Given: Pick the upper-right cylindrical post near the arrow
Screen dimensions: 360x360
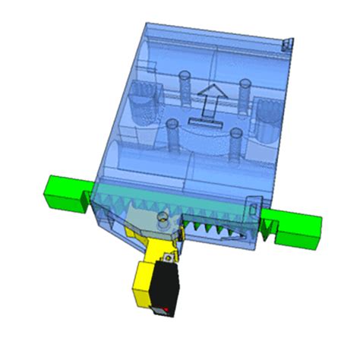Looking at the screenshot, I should coord(245,91).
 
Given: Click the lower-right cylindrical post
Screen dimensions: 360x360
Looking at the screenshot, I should coord(236,142).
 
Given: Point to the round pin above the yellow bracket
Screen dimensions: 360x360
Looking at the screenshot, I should coord(161,220).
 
